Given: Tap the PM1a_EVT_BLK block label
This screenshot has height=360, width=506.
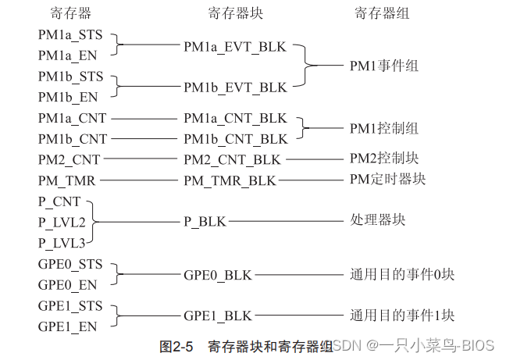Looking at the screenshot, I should (x=235, y=47).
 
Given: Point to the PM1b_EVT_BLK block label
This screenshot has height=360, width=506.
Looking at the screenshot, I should (x=235, y=87).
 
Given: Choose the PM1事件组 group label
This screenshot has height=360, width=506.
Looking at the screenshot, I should (x=383, y=66).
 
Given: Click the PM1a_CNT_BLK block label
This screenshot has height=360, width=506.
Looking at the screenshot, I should (x=235, y=119).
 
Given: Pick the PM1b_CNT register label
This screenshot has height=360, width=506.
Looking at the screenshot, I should (x=73, y=139).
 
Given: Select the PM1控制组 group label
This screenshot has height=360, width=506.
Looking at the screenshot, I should (x=383, y=128).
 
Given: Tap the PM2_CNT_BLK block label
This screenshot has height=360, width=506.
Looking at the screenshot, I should (x=233, y=159).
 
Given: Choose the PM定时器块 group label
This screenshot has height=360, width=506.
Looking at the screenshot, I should (x=387, y=180).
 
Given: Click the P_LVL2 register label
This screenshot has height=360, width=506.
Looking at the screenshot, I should (x=62, y=221).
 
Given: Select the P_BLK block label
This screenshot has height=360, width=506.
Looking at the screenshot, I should (x=205, y=221).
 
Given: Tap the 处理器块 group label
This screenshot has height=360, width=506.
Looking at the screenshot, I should (x=377, y=221).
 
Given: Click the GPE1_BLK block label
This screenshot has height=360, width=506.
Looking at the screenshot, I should (x=218, y=315).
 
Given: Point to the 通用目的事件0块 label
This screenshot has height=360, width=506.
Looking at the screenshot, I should (x=401, y=275).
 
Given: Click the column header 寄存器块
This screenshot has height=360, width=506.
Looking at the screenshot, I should (x=235, y=12).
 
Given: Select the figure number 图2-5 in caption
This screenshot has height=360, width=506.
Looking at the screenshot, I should (x=176, y=345).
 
